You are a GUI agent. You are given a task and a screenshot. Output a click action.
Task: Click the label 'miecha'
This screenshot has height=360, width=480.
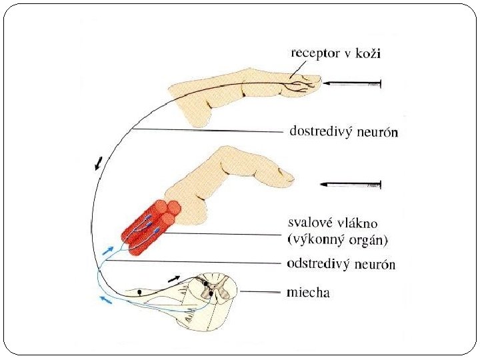[308, 292]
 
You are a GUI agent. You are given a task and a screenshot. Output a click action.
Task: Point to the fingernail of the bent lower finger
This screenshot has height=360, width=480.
[287, 176]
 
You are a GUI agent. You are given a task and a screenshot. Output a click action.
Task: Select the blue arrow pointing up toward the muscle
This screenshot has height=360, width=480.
[109, 251]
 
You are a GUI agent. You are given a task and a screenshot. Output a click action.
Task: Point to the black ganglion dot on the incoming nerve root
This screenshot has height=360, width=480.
[139, 291]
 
